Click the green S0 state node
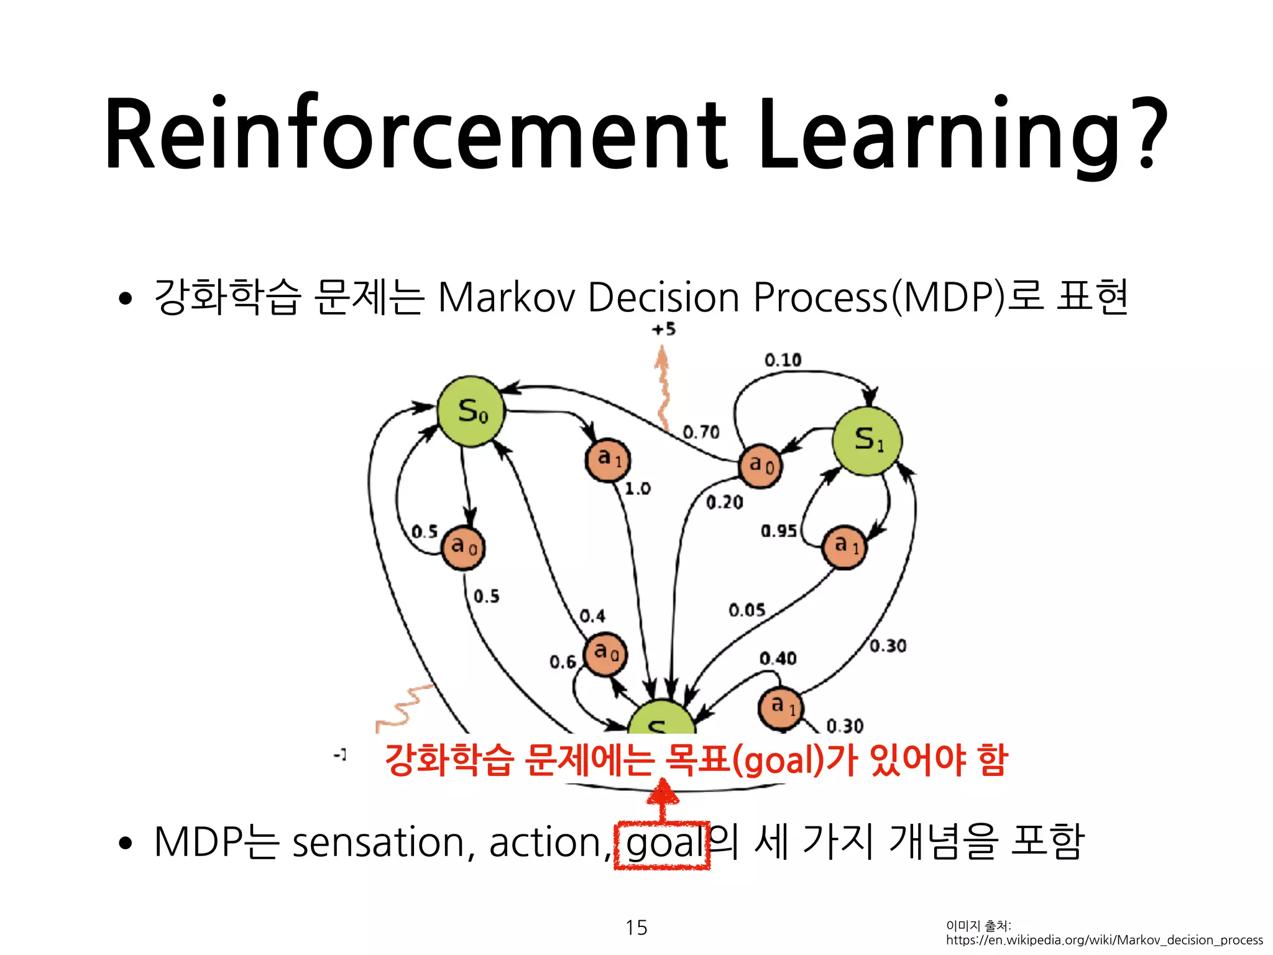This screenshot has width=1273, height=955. point(471,412)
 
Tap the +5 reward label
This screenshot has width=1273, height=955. point(663,329)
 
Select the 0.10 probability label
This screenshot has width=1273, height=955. point(783,360)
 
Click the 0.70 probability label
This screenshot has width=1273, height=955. point(701,432)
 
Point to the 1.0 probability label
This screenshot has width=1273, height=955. point(637,489)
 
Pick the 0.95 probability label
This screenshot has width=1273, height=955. point(778,531)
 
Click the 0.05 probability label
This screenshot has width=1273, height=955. point(747,610)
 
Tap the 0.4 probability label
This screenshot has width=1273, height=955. point(592,616)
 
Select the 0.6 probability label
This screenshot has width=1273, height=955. point(563,662)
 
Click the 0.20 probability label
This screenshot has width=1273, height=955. point(724,502)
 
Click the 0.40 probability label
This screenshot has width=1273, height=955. point(778,658)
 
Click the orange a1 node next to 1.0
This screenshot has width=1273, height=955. point(608,460)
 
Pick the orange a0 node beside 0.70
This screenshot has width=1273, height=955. point(760,466)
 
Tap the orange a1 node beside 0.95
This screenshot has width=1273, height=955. point(844,547)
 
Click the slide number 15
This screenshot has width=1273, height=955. point(636,927)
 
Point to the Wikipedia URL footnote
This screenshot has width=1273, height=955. point(1104,940)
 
